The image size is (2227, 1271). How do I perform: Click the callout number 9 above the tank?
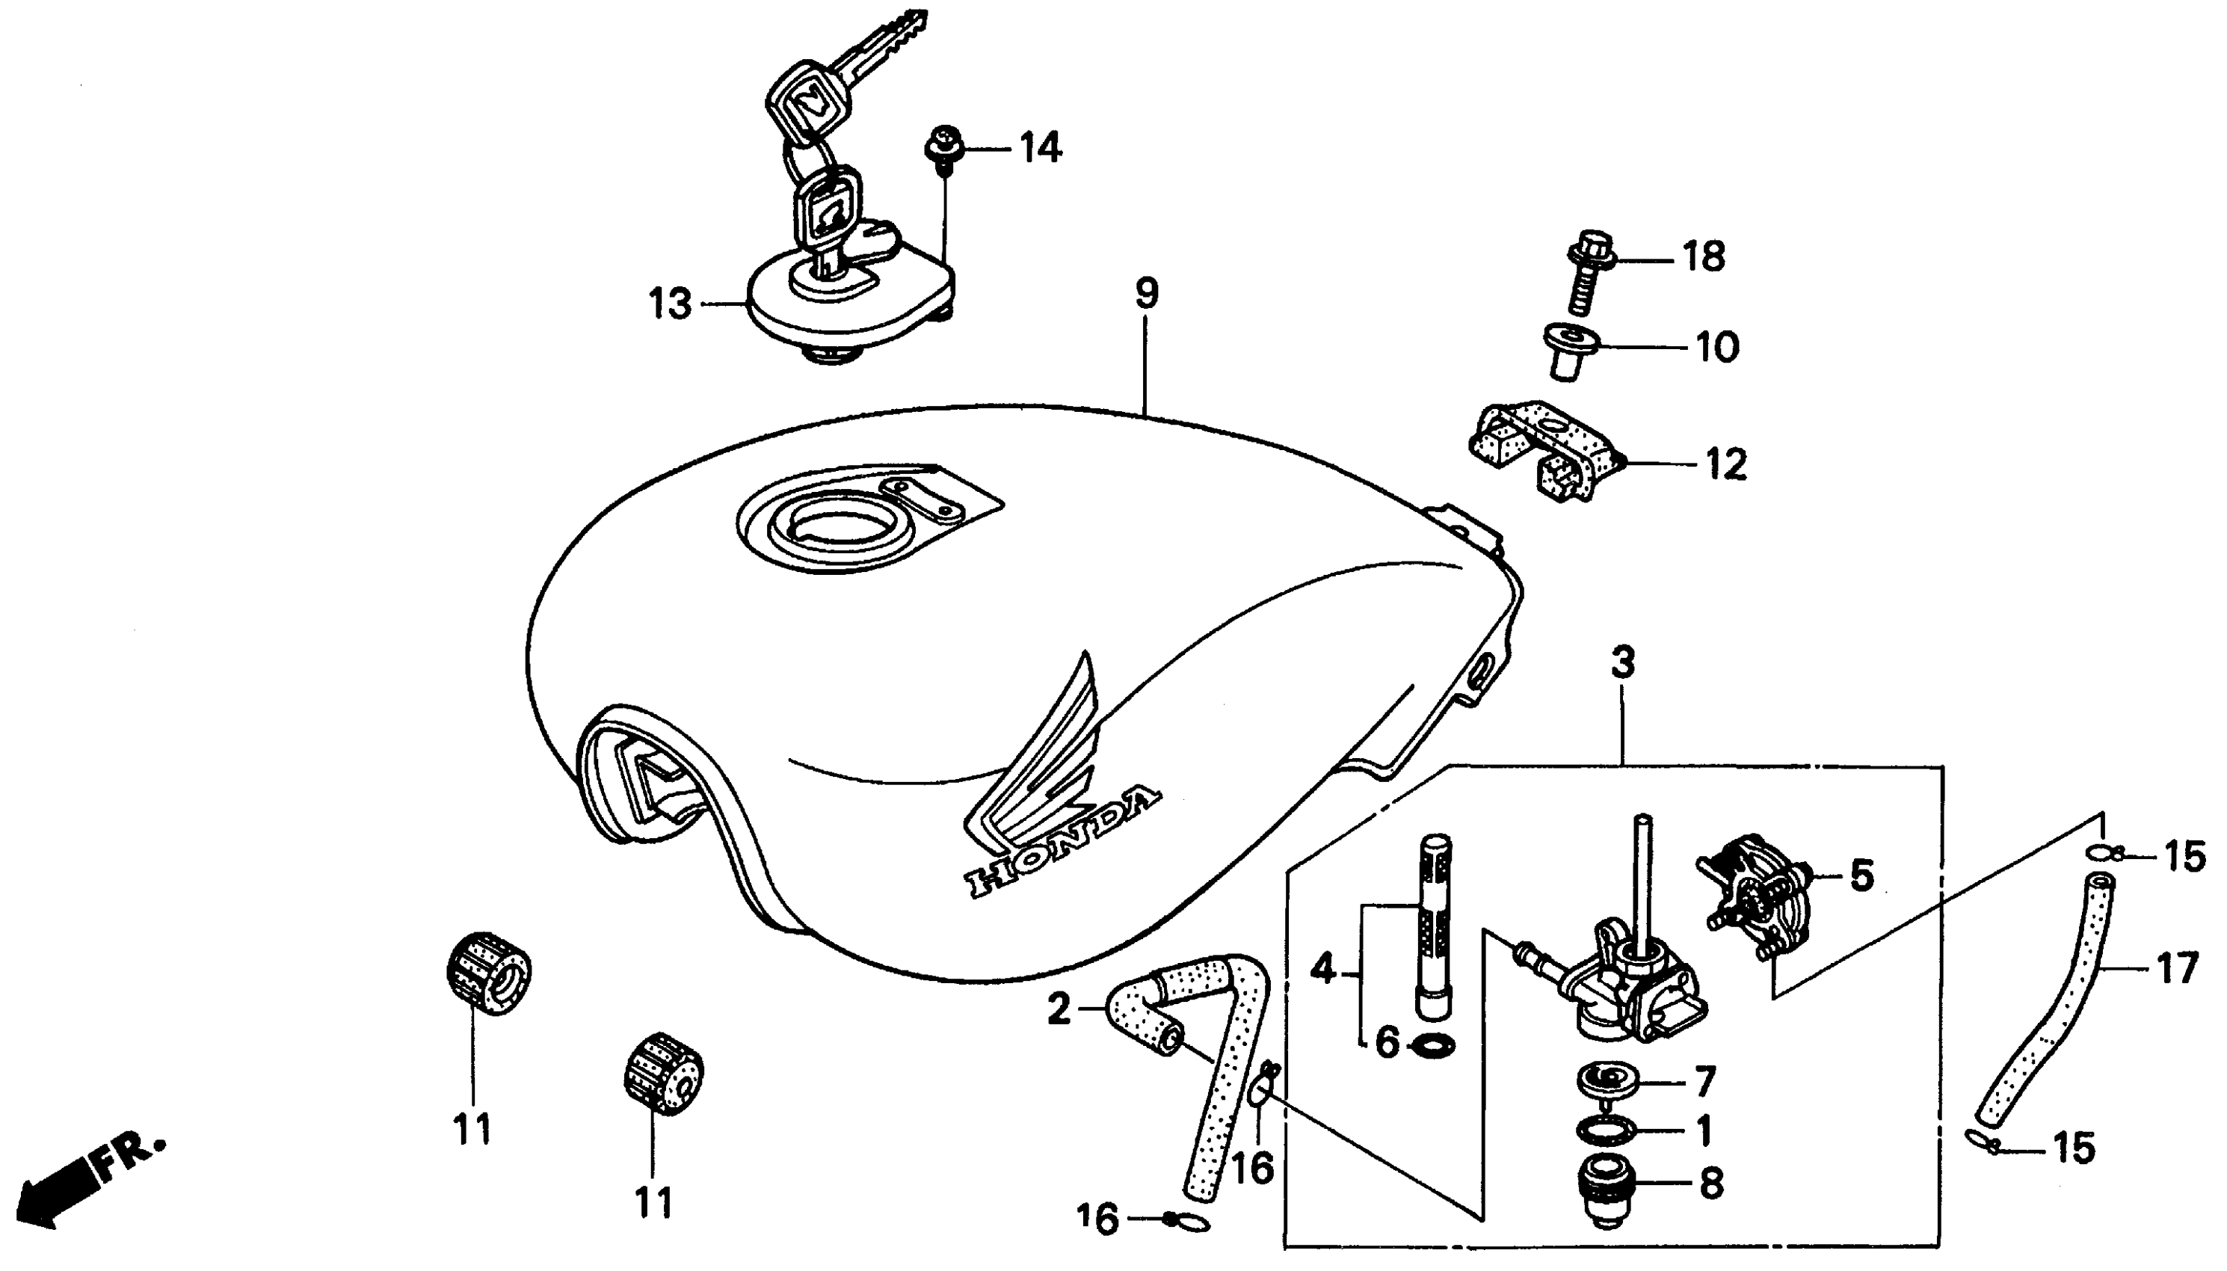(x=1147, y=293)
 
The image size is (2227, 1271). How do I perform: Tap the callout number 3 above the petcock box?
(x=1622, y=662)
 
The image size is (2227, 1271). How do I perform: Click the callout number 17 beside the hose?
(x=2177, y=968)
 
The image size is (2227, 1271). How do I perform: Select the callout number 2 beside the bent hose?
(x=1059, y=1009)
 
